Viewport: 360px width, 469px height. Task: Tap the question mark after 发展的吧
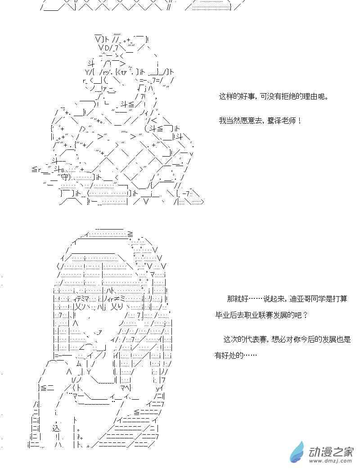point(306,315)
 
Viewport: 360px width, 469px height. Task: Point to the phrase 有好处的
point(229,356)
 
